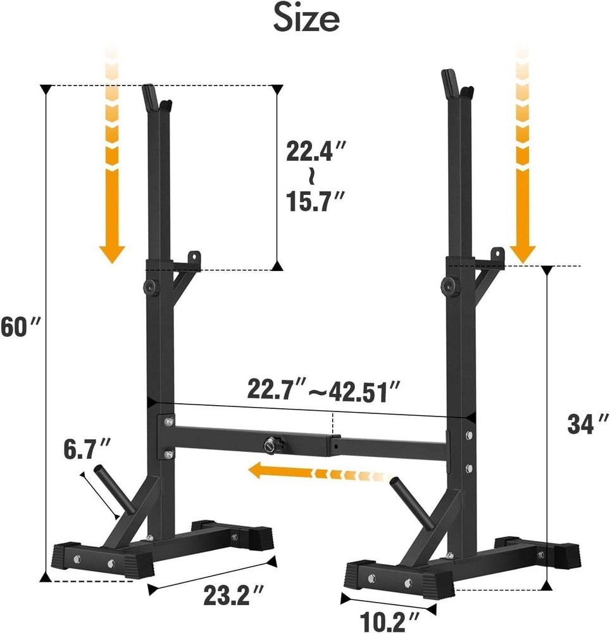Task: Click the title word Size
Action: (x=306, y=19)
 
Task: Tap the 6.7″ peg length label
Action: (x=87, y=451)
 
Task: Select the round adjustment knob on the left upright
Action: (x=152, y=287)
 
